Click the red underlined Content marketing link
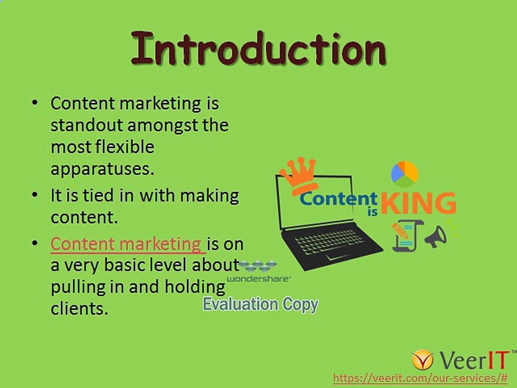(127, 244)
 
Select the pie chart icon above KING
(404, 172)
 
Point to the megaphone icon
(436, 237)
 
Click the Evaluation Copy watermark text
(260, 304)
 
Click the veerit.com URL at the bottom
(420, 378)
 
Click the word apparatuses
(102, 168)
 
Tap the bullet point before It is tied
(35, 195)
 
